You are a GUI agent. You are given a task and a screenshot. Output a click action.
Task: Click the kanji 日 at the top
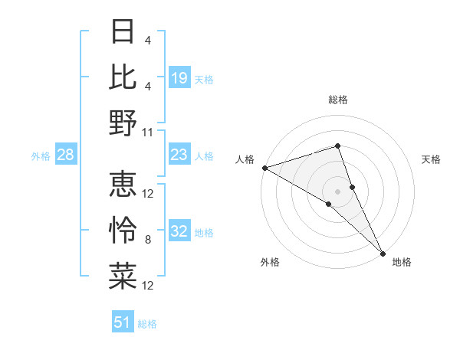(123, 32)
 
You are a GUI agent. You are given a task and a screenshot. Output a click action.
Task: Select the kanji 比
(123, 77)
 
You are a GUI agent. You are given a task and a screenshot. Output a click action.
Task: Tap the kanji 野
(123, 123)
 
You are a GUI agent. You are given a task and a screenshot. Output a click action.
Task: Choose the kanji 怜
(123, 231)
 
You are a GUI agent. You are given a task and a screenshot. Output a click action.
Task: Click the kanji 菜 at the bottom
(123, 276)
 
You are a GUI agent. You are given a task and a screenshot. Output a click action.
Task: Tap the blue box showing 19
(179, 78)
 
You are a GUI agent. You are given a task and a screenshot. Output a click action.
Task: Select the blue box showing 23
(179, 155)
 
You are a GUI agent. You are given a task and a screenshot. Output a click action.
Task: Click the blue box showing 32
(179, 232)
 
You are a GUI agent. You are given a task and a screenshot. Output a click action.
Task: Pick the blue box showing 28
(66, 155)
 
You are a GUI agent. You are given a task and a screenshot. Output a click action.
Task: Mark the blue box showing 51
(123, 323)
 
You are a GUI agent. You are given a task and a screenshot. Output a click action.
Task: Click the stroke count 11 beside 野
(148, 132)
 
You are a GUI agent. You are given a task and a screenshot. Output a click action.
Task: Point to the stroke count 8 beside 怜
(148, 240)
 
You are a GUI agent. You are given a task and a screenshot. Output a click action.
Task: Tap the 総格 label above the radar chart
(338, 100)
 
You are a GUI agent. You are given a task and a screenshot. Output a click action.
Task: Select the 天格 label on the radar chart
(432, 159)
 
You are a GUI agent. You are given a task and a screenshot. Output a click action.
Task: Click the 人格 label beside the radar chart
(245, 159)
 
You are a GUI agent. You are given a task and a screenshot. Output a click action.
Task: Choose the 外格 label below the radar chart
(270, 262)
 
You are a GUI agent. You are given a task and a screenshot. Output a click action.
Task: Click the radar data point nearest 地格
(383, 251)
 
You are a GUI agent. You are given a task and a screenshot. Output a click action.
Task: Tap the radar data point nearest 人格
(264, 167)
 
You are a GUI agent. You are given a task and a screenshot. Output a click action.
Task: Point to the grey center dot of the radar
(338, 190)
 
